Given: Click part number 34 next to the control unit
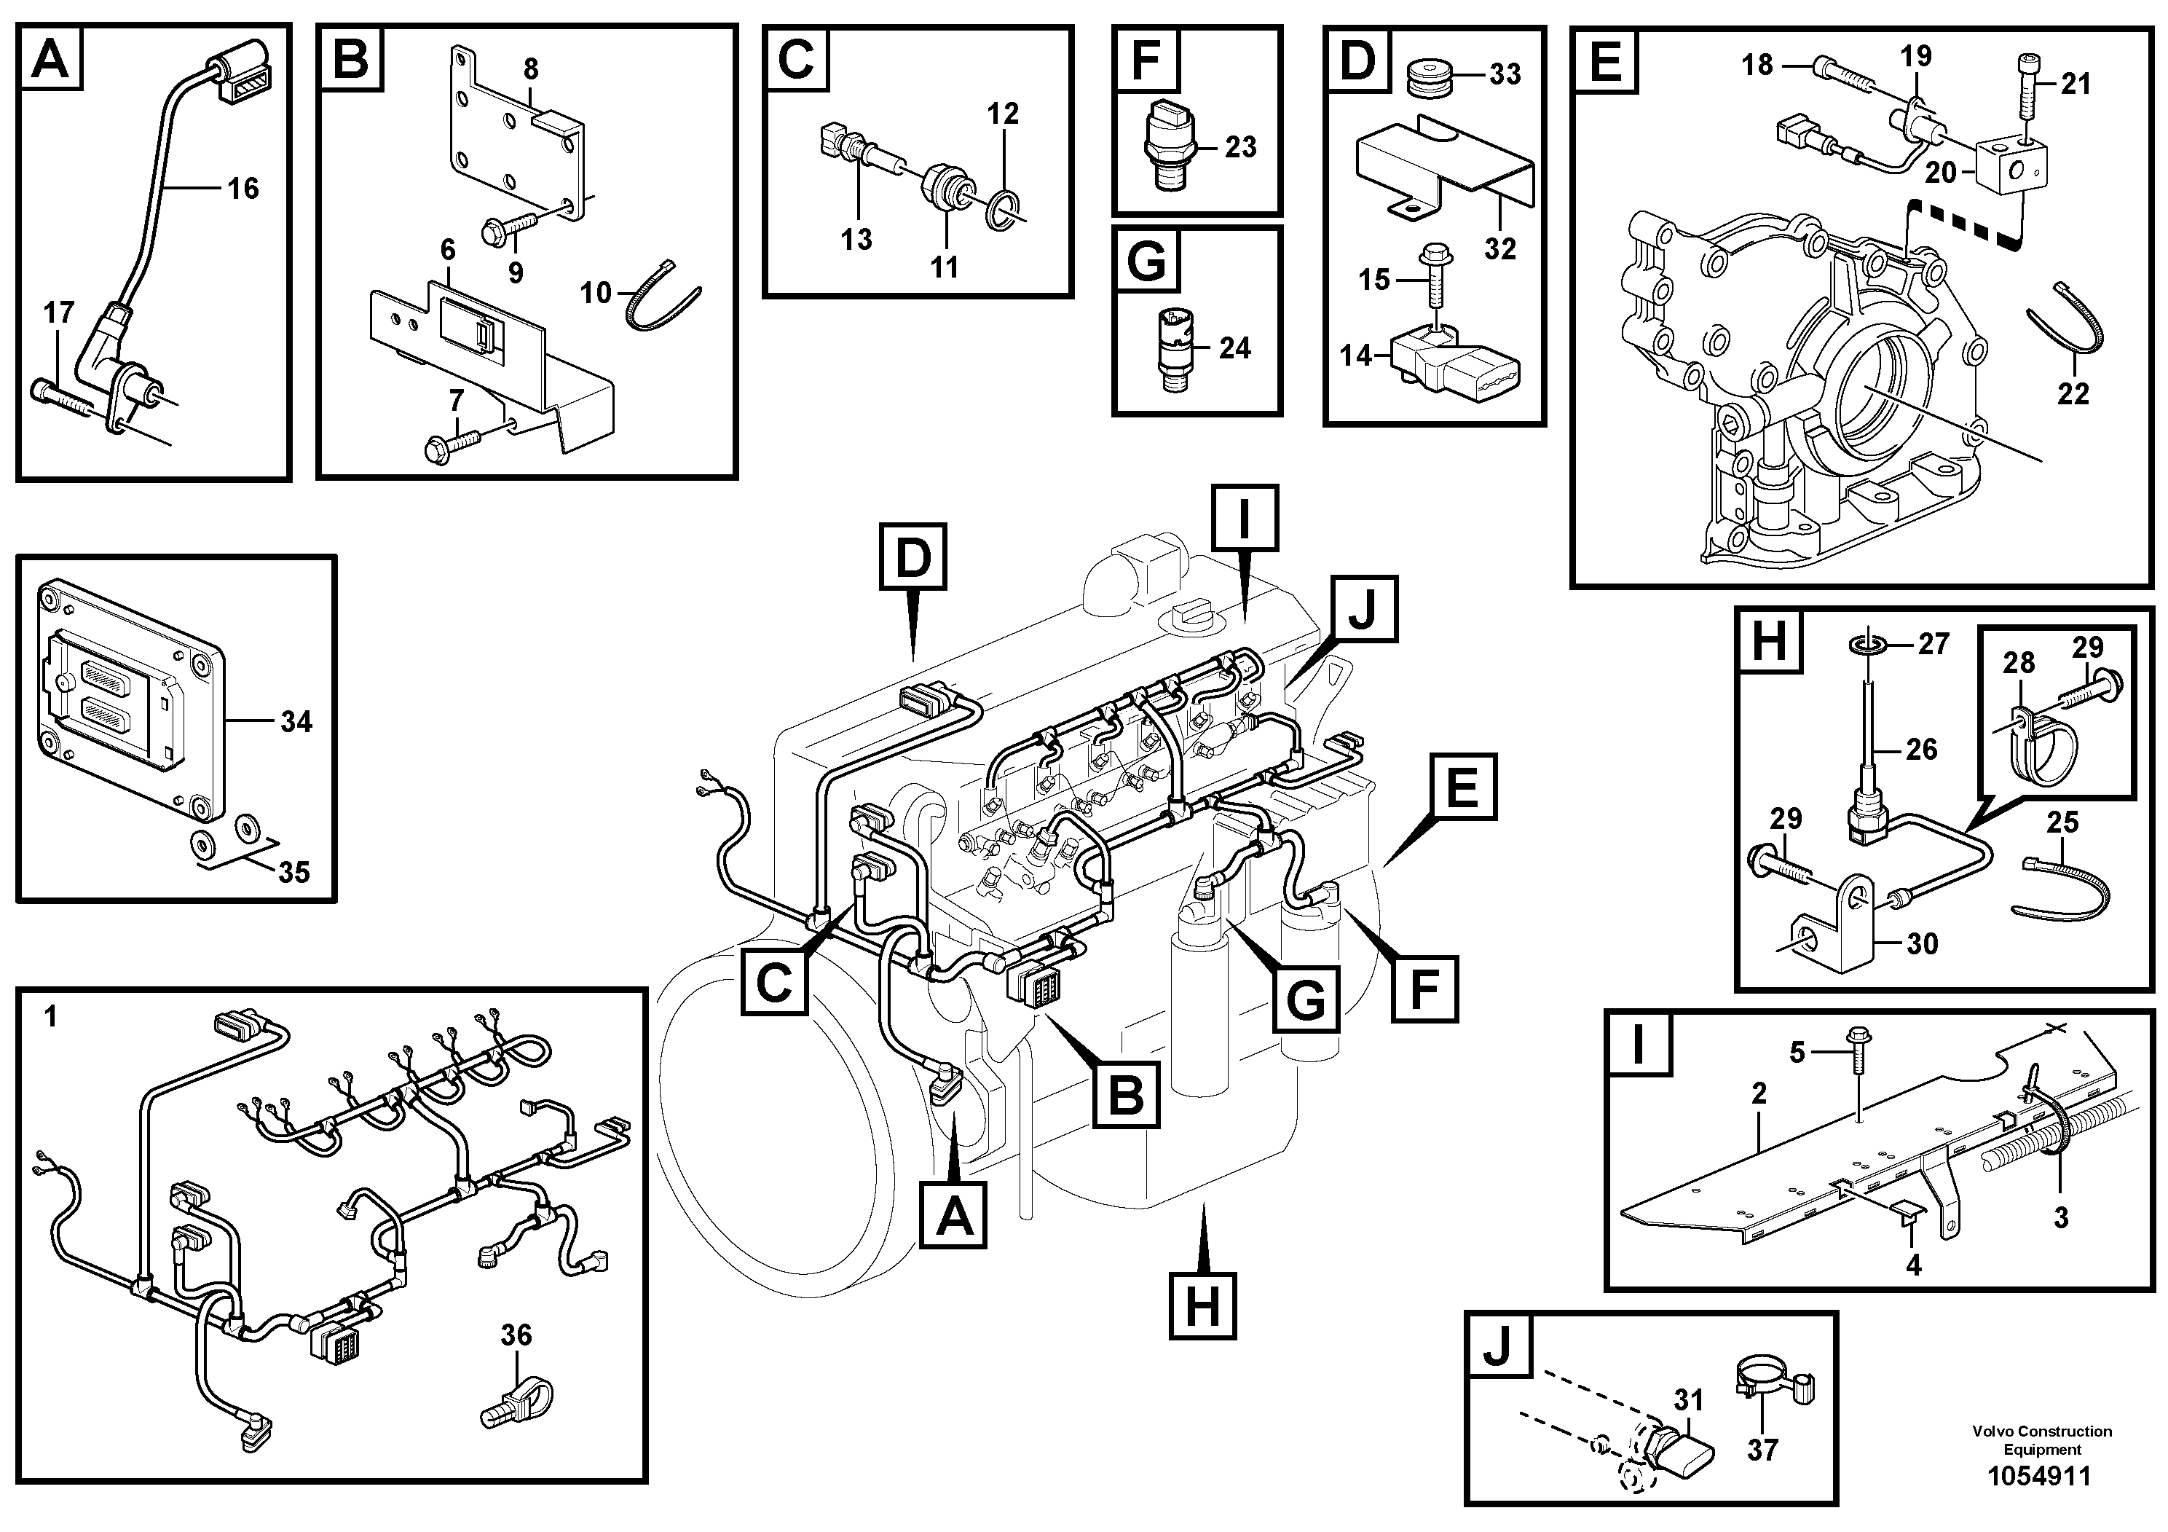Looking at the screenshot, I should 296,722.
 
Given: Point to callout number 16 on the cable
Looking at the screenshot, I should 243,188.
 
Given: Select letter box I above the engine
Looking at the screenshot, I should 1245,519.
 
